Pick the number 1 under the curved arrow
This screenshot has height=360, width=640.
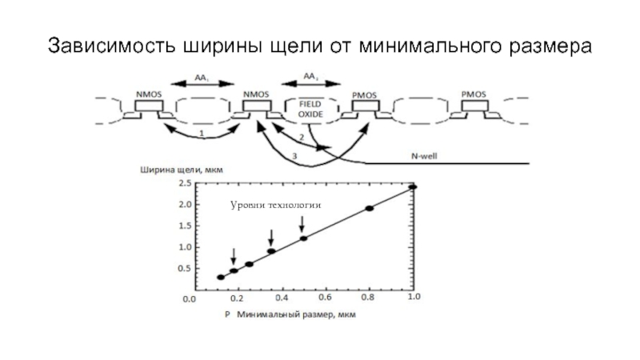(x=202, y=133)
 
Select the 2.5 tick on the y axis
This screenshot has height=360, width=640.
(x=183, y=183)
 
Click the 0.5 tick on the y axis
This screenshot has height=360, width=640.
(x=183, y=269)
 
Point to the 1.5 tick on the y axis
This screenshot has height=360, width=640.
(x=183, y=226)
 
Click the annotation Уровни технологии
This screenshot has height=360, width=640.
(x=275, y=206)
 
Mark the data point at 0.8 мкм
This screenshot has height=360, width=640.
(x=370, y=209)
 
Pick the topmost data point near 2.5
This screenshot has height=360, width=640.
(x=413, y=187)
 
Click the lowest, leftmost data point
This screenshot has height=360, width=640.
(x=221, y=278)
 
